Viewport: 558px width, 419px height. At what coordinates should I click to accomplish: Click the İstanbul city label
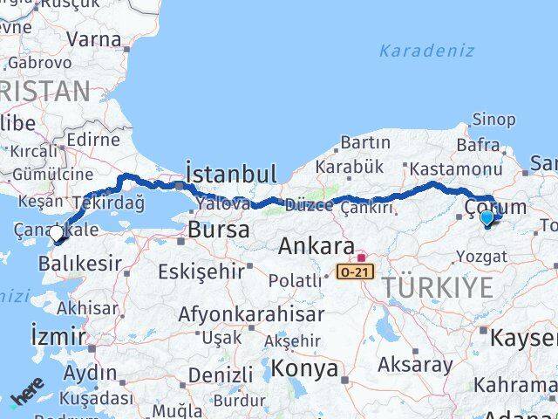point(231,172)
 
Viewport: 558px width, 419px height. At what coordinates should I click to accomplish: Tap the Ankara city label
point(316,247)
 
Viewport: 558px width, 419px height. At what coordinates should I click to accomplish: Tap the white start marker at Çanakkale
point(57,234)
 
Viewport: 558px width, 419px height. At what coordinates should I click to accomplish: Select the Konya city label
point(304,368)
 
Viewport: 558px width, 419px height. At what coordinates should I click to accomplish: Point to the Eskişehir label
point(207,271)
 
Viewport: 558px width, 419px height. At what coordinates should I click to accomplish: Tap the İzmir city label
point(58,335)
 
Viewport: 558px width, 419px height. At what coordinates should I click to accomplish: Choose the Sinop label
point(493,120)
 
